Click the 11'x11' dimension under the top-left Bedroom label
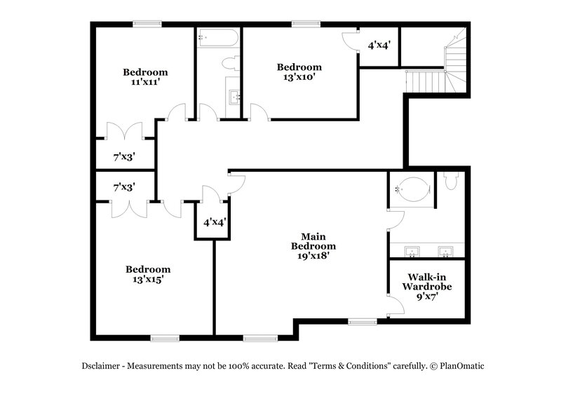click(145, 82)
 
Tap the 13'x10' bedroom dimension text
click(299, 78)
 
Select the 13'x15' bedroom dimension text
click(147, 279)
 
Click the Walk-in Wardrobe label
click(426, 282)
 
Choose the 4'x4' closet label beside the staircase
click(379, 46)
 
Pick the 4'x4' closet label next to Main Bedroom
click(215, 222)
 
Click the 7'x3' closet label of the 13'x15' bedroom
click(124, 187)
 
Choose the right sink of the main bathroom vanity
click(445, 250)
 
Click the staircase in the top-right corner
click(442, 67)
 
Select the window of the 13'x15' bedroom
click(165, 339)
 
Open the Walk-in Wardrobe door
click(396, 304)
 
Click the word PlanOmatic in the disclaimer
click(461, 365)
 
